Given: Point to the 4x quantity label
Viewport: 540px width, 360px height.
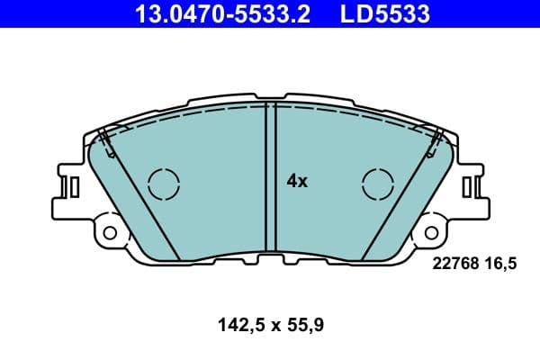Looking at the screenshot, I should (297, 181).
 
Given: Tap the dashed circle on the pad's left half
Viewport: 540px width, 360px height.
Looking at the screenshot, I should (164, 184).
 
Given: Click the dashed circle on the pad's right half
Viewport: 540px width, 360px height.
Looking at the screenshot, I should (377, 184).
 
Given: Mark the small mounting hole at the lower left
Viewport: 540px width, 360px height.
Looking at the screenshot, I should (110, 232).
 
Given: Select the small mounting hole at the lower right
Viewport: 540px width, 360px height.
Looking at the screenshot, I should (429, 232).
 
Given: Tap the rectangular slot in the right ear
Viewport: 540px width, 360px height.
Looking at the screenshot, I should (466, 186).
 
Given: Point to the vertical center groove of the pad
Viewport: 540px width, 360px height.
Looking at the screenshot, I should (269, 180).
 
